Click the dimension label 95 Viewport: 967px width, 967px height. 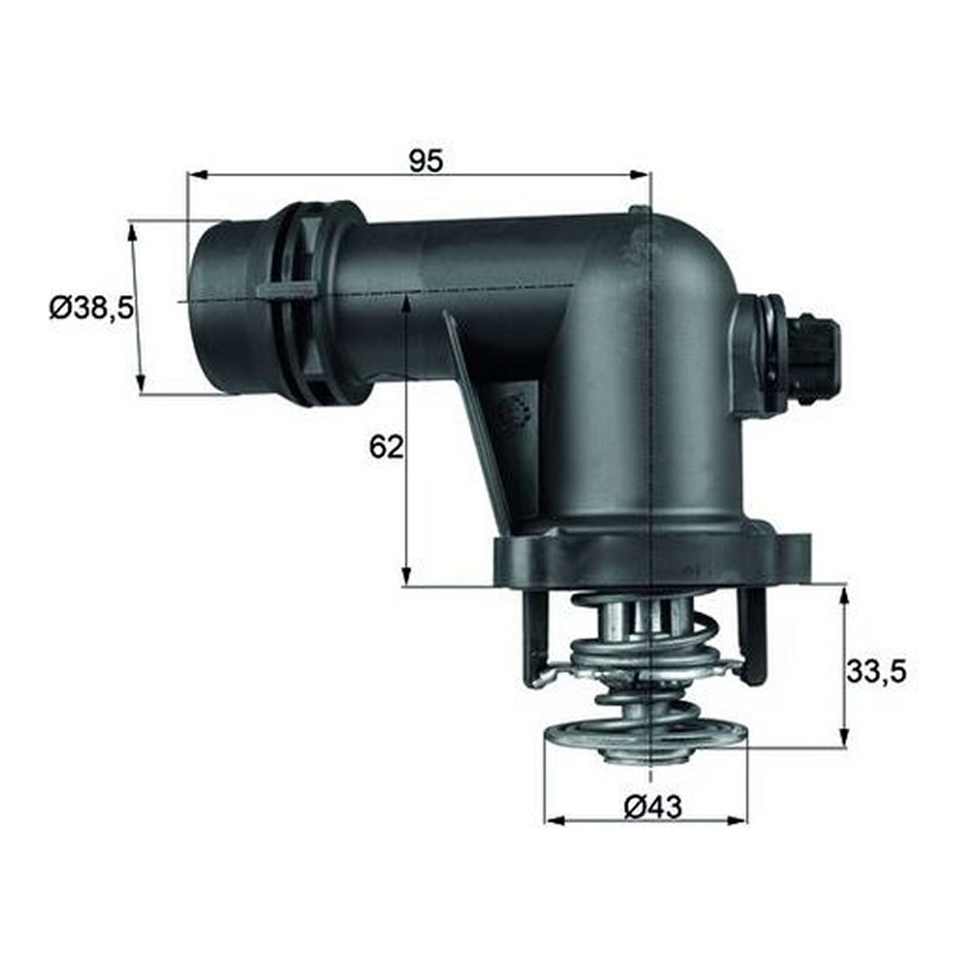[426, 160]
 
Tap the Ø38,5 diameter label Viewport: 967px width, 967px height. [92, 308]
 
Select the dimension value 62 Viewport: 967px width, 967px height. [386, 447]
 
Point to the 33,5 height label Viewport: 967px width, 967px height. [876, 672]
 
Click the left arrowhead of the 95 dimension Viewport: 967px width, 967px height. [197, 174]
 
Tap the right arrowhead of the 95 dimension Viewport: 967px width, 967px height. [639, 174]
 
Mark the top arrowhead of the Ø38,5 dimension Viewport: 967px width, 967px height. [132, 234]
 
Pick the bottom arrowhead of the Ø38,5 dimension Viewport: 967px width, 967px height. [141, 384]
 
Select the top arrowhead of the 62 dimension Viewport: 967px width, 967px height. [406, 306]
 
